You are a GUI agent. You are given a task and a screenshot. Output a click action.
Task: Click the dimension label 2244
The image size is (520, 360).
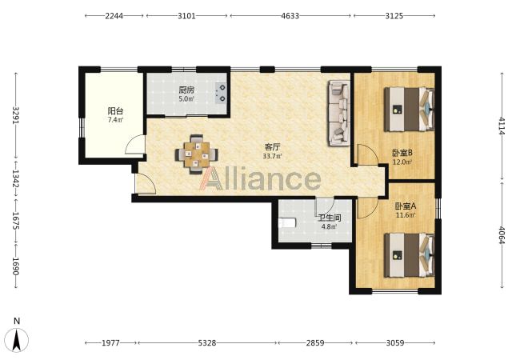pos(114,15)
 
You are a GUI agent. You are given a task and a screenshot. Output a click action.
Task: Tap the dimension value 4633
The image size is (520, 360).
pos(290,15)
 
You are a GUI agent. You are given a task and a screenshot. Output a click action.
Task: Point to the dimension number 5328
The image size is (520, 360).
pos(207,342)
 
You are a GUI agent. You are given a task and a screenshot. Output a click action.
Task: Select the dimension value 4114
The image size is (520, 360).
pos(502,126)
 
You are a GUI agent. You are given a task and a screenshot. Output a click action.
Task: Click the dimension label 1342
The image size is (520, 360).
pos(15,179)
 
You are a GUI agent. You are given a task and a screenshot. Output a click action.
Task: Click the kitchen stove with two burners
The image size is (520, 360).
pos(221,93)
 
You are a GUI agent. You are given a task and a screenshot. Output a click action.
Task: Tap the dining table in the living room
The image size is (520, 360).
pos(197,154)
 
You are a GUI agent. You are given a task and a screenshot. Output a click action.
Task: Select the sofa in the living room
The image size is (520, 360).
pos(339,113)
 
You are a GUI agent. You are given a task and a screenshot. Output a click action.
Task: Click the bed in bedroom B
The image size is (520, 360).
pos(410,109)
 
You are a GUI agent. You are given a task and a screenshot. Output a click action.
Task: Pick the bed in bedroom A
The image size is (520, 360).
pos(410,255)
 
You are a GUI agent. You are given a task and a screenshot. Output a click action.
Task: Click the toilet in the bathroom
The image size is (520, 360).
pos(287,223)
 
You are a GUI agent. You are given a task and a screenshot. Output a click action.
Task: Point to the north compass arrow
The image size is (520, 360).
pos(17,340)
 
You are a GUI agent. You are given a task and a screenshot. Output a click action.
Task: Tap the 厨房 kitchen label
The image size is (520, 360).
pos(186,90)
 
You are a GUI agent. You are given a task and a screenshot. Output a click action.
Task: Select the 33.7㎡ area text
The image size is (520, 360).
pos(272,156)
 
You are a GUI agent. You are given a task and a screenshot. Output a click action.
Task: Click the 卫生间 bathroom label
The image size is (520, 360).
pos(330,218)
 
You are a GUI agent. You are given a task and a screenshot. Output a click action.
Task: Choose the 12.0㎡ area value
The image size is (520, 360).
pos(402,162)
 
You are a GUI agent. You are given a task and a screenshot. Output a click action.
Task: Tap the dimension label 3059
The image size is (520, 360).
pos(395,342)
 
